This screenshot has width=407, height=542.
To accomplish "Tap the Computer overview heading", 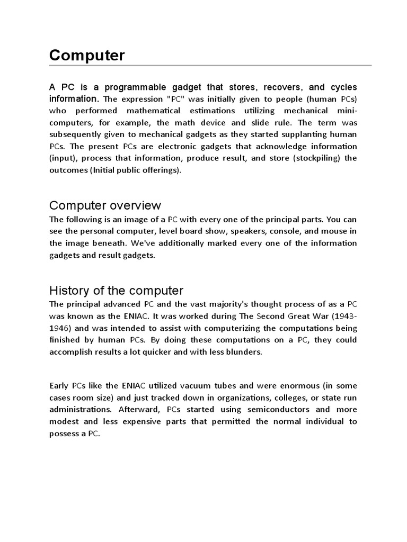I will [x=105, y=205].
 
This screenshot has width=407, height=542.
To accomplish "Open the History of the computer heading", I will [x=116, y=290].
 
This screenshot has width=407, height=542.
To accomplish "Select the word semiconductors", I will [x=260, y=409].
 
